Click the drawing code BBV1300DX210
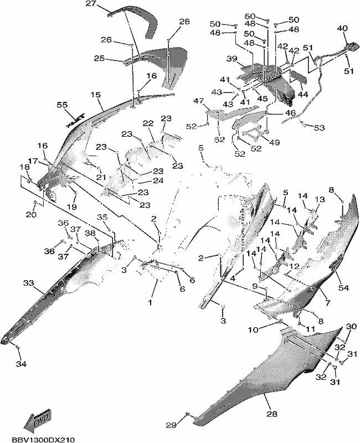click(x=44, y=440)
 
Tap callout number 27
click(x=91, y=4)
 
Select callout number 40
click(x=342, y=28)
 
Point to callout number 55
click(x=62, y=105)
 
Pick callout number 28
click(x=272, y=414)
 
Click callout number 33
click(x=29, y=283)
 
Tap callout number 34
click(x=21, y=364)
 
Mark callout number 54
click(x=343, y=288)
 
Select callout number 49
click(x=274, y=142)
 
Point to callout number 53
click(x=320, y=128)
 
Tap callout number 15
click(x=96, y=94)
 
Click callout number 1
click(x=150, y=302)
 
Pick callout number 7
click(x=327, y=303)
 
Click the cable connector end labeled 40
click(x=352, y=47)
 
